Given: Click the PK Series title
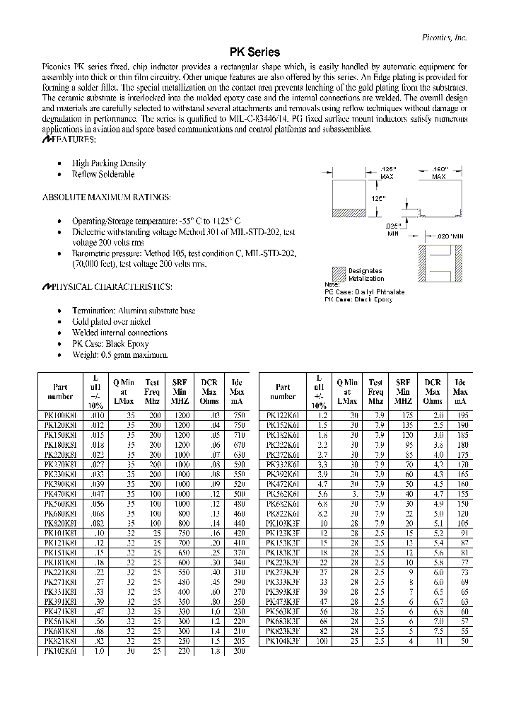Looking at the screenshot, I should pyautogui.click(x=255, y=52).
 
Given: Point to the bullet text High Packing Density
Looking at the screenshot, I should pyautogui.click(x=108, y=163).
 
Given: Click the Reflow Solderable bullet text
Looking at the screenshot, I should pyautogui.click(x=103, y=174).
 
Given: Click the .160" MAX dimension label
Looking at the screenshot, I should pyautogui.click(x=443, y=173).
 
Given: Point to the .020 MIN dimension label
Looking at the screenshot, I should pyautogui.click(x=450, y=235).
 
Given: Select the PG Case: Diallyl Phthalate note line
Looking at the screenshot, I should pyautogui.click(x=364, y=291).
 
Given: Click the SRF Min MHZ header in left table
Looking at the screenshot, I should pyautogui.click(x=180, y=391).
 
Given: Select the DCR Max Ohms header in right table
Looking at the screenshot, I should pyautogui.click(x=433, y=391).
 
